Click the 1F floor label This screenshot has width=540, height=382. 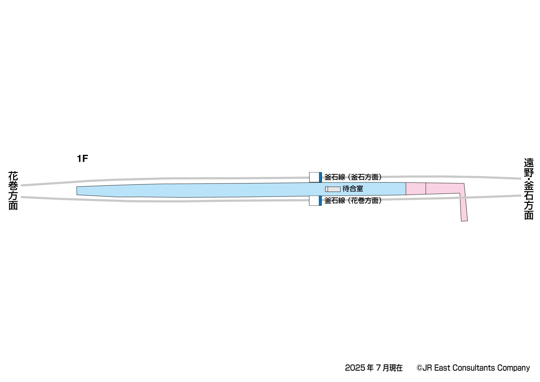pyautogui.click(x=82, y=159)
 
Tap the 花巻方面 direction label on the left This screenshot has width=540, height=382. pyautogui.click(x=13, y=190)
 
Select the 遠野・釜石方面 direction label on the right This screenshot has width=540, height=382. pyautogui.click(x=528, y=189)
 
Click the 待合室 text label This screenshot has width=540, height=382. pyautogui.click(x=353, y=189)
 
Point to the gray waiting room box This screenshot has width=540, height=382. pyautogui.click(x=333, y=189)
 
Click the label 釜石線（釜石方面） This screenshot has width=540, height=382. pyautogui.click(x=353, y=177)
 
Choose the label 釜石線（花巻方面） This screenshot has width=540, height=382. pyautogui.click(x=353, y=201)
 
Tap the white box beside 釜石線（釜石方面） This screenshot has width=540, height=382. pyautogui.click(x=314, y=177)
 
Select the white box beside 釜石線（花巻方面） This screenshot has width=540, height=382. pyautogui.click(x=314, y=201)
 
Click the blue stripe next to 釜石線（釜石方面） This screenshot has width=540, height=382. pyautogui.click(x=320, y=177)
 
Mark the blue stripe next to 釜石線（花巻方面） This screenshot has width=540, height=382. pyautogui.click(x=320, y=201)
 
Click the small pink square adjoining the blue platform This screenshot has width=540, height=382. pyautogui.click(x=416, y=188)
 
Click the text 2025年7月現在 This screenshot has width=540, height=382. pyautogui.click(x=374, y=368)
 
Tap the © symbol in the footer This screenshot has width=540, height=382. pyautogui.click(x=419, y=368)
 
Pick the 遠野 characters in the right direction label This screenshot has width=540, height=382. pyautogui.click(x=528, y=168)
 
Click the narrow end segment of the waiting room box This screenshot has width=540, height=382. pyautogui.click(x=327, y=189)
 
